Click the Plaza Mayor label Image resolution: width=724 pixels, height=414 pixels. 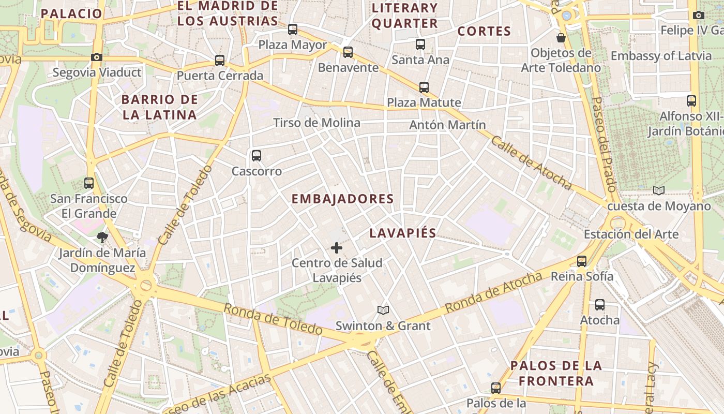(x=293, y=45)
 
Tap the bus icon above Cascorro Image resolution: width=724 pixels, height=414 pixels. (x=256, y=155)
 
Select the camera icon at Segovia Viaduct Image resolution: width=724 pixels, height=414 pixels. (x=97, y=57)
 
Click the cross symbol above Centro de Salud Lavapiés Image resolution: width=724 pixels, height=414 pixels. (x=337, y=248)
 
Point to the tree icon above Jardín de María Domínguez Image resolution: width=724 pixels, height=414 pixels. (x=102, y=238)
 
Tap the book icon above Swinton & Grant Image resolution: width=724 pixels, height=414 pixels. (x=383, y=310)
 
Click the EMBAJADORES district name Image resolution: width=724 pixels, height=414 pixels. (x=342, y=199)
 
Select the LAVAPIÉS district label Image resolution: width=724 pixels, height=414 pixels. (x=403, y=233)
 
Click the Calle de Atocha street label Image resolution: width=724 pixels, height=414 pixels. (x=531, y=162)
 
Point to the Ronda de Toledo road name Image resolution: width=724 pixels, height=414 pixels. (x=274, y=319)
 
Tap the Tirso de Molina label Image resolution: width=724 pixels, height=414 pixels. (x=316, y=123)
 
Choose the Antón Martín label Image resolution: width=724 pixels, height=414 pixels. (x=447, y=125)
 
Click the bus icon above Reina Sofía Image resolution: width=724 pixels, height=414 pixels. (x=582, y=261)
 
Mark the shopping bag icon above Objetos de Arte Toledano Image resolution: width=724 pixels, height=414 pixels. (x=561, y=38)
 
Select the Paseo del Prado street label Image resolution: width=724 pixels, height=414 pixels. (x=604, y=144)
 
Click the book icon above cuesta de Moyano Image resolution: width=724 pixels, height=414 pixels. (x=658, y=191)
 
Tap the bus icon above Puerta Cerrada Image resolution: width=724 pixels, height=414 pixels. (x=220, y=61)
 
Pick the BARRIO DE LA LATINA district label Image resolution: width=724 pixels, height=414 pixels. (x=160, y=107)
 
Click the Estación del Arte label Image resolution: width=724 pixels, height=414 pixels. (x=631, y=234)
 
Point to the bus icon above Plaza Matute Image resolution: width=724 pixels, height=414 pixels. (x=424, y=87)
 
